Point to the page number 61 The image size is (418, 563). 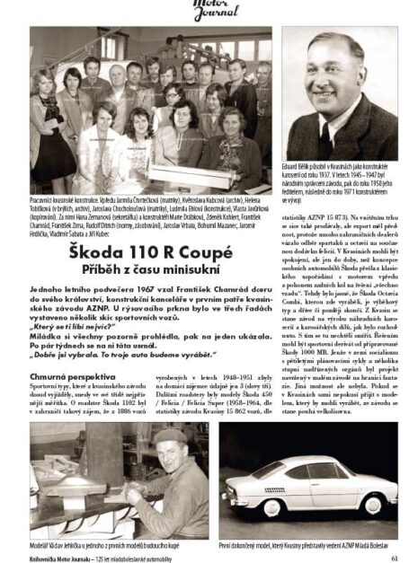pos(395,554)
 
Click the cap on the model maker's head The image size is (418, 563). pos(166,437)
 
